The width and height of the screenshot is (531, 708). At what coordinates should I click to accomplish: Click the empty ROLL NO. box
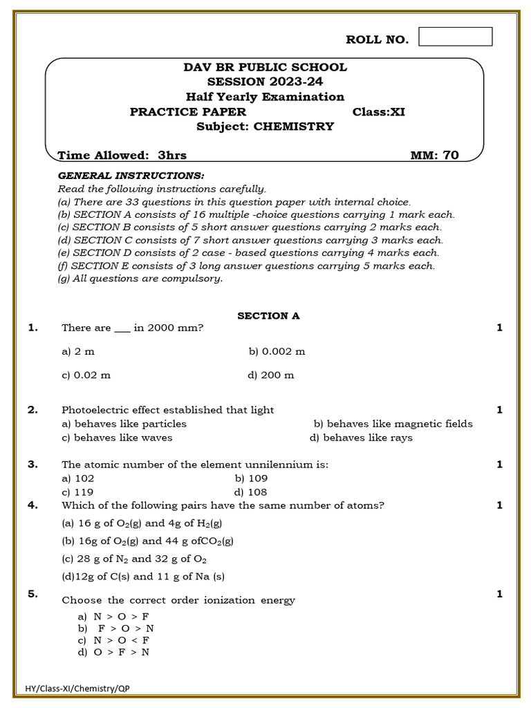click(456, 37)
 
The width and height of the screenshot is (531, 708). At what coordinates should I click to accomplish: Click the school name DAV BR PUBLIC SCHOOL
click(265, 67)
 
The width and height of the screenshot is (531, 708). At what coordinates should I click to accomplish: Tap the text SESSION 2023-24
click(265, 82)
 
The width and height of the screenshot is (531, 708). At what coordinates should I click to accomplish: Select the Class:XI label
click(378, 112)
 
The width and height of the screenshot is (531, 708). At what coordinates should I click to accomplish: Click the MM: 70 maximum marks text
click(434, 156)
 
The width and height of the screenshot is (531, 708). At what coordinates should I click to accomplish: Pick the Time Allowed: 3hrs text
click(122, 156)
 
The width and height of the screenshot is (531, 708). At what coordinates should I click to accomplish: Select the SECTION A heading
click(268, 316)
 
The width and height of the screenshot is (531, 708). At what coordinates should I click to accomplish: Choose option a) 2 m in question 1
click(78, 351)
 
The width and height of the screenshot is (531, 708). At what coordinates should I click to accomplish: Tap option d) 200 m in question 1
click(270, 375)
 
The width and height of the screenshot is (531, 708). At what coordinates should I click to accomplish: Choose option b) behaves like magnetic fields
click(393, 424)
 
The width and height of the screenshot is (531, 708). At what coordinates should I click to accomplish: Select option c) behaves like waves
click(117, 438)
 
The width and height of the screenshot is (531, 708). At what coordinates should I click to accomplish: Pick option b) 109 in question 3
click(251, 478)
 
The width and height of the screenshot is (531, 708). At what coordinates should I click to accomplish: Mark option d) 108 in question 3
click(251, 492)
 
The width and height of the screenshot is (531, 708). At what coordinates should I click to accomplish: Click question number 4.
click(32, 505)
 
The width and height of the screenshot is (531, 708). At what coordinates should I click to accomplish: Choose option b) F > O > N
click(116, 628)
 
